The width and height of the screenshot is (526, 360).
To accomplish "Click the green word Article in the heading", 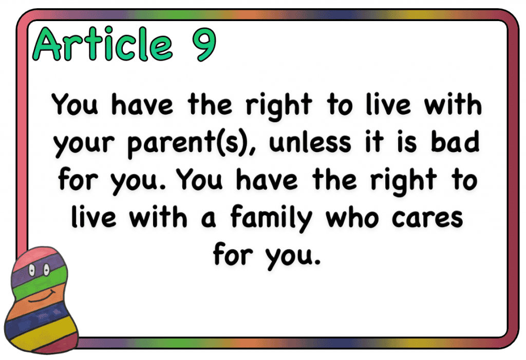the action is [x=103, y=44].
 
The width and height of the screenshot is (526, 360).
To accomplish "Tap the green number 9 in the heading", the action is [x=204, y=44].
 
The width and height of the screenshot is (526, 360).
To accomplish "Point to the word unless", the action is [x=310, y=142].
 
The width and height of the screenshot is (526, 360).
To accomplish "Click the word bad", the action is [x=455, y=141].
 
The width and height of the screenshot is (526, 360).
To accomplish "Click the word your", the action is [x=84, y=145].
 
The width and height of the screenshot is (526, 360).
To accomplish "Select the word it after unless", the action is [x=374, y=142].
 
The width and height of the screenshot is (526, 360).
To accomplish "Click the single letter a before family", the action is [x=209, y=219].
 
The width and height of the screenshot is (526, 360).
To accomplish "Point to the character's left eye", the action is [x=32, y=269].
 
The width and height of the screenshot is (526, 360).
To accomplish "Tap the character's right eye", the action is [x=46, y=269].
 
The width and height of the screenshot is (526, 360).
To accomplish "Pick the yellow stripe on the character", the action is [x=40, y=335].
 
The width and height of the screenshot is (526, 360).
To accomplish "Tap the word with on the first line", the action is [x=453, y=104].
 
